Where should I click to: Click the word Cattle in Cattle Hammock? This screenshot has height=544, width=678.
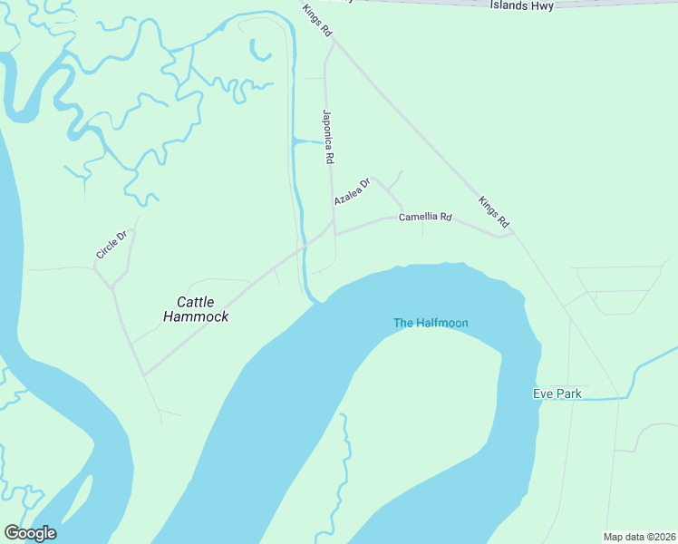click(196, 302)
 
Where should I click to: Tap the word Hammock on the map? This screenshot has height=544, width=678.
click(196, 316)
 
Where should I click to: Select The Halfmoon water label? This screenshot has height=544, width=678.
click(431, 323)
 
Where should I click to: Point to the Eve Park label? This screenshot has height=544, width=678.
click(557, 393)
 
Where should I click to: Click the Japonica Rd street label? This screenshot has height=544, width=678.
click(329, 137)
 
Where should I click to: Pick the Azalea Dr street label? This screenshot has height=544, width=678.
click(352, 191)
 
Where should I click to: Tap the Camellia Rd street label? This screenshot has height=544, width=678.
click(425, 217)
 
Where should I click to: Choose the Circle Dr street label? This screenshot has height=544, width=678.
click(114, 245)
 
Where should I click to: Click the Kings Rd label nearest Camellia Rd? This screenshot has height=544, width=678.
click(494, 211)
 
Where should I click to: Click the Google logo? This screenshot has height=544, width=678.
click(30, 533)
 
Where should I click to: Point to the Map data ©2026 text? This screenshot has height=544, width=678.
click(638, 537)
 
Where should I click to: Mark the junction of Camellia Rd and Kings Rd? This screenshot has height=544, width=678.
click(512, 234)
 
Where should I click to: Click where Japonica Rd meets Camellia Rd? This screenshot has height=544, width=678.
click(335, 234)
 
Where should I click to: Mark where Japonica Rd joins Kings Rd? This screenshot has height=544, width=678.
click(334, 41)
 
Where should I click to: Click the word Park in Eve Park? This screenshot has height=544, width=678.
click(569, 393)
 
